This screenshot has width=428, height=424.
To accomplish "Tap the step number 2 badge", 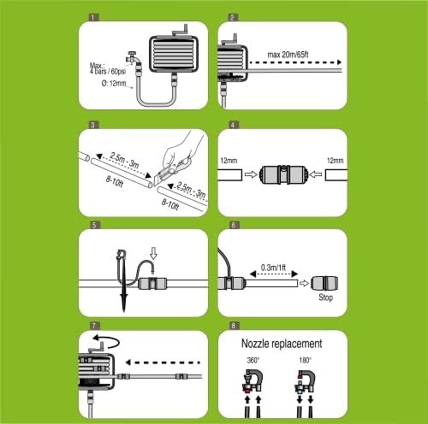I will (x=233, y=17).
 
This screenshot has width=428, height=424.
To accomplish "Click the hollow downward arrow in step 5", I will (x=152, y=254).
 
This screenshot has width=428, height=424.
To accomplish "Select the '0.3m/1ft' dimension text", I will (x=272, y=268).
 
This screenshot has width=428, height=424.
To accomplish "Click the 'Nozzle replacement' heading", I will (x=285, y=344).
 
